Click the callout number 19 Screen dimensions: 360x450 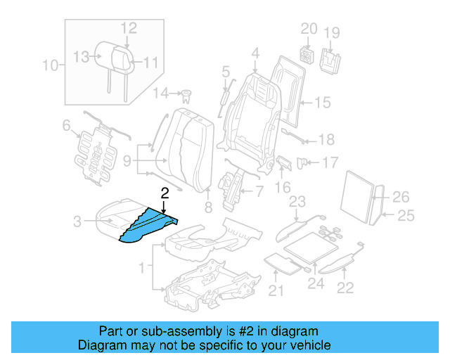coord(331,32)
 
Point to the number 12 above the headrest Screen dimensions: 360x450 coord(128,27)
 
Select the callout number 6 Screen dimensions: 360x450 coord(67,126)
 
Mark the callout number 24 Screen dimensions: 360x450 coord(315,285)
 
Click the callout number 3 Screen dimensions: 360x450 coord(78,223)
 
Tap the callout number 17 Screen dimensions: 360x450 coord(330,163)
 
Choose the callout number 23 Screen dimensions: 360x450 coord(297,202)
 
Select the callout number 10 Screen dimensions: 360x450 coord(49,67)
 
